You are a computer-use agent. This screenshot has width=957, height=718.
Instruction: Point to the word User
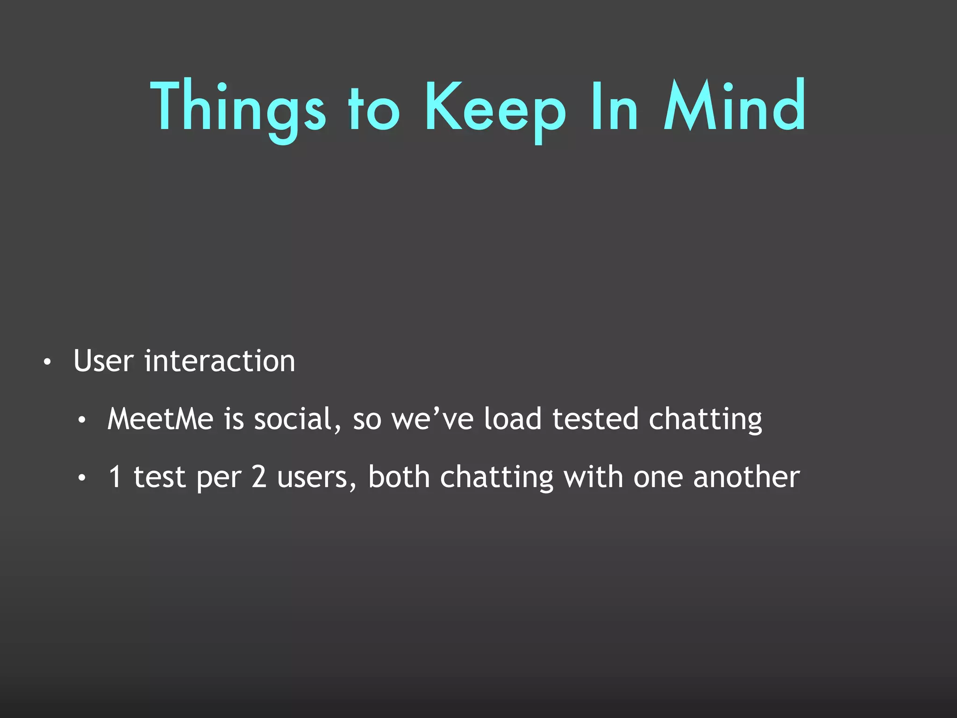pos(104,361)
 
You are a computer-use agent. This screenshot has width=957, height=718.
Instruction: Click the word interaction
pos(220,361)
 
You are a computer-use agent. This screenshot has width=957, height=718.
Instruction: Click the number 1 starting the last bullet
pos(115,477)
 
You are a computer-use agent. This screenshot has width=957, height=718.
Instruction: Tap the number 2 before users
pos(259,477)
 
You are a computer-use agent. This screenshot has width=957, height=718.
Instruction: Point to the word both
pos(399,477)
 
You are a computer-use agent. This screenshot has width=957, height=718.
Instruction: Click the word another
pos(746,477)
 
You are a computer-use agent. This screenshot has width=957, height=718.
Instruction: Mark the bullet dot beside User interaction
pos(47,362)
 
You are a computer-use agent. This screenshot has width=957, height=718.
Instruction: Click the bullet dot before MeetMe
pos(82,420)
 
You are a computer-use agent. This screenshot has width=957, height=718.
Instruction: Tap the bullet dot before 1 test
pos(82,478)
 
